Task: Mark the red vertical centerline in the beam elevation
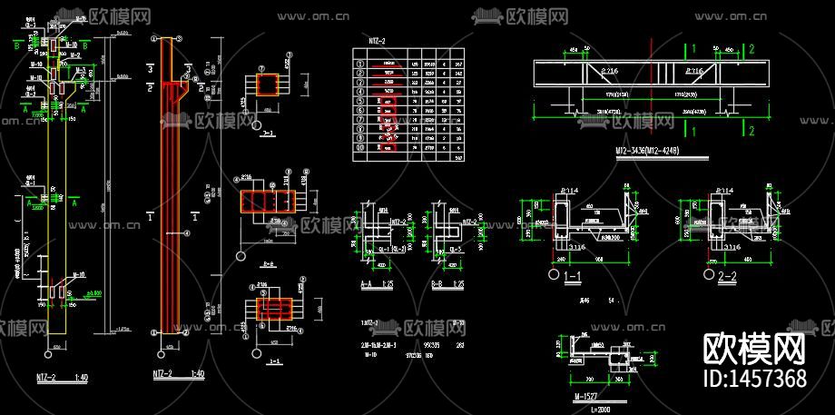[x=651, y=86]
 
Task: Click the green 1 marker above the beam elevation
[x=693, y=47]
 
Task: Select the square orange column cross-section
[x=269, y=85]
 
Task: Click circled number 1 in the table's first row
[x=359, y=64]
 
